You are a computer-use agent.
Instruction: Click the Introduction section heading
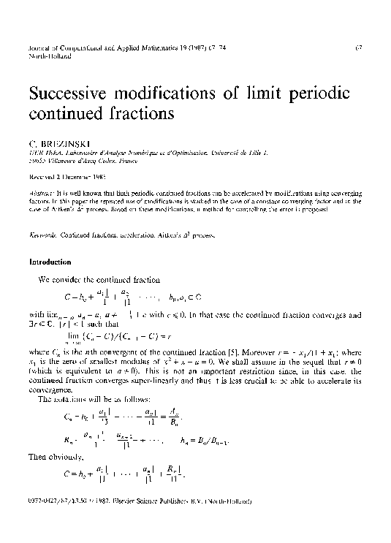[x=50, y=262]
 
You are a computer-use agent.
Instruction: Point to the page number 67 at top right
[x=359, y=49]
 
